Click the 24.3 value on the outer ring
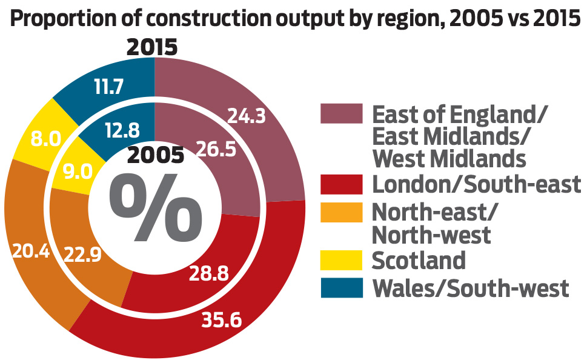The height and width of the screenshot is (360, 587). tap(247, 116)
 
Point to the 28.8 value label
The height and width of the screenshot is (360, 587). tap(208, 274)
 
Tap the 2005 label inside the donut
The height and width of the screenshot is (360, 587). tap(156, 156)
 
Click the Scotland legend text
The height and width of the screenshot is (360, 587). tap(419, 260)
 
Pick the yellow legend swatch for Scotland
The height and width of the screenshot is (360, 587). tap(342, 260)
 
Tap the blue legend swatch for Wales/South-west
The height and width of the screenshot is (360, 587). tap(342, 287)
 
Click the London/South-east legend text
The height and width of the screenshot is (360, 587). tap(476, 184)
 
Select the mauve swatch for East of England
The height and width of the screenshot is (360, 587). tap(342, 114)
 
